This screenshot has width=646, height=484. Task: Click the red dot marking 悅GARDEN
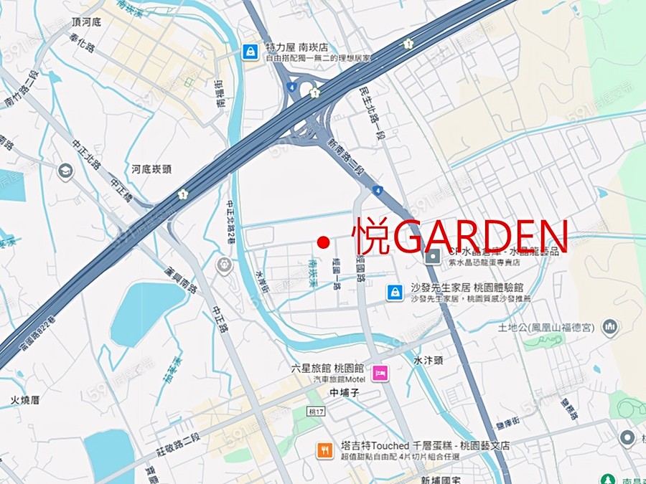point(324,242)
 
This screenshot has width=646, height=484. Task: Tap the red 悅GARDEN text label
point(459,237)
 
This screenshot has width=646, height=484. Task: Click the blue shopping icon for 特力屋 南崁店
point(251,52)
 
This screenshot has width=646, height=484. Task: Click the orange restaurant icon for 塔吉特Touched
point(324,450)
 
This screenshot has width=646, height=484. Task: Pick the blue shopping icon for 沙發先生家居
point(394,292)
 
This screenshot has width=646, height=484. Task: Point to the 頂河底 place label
point(86,22)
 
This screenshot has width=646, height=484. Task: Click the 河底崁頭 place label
point(151,169)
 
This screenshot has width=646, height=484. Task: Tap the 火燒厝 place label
point(25,399)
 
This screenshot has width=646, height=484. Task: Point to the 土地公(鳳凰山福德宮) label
point(546,327)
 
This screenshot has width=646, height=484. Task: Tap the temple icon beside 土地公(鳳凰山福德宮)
point(610,327)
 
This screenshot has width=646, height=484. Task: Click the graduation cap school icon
point(65,171)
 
